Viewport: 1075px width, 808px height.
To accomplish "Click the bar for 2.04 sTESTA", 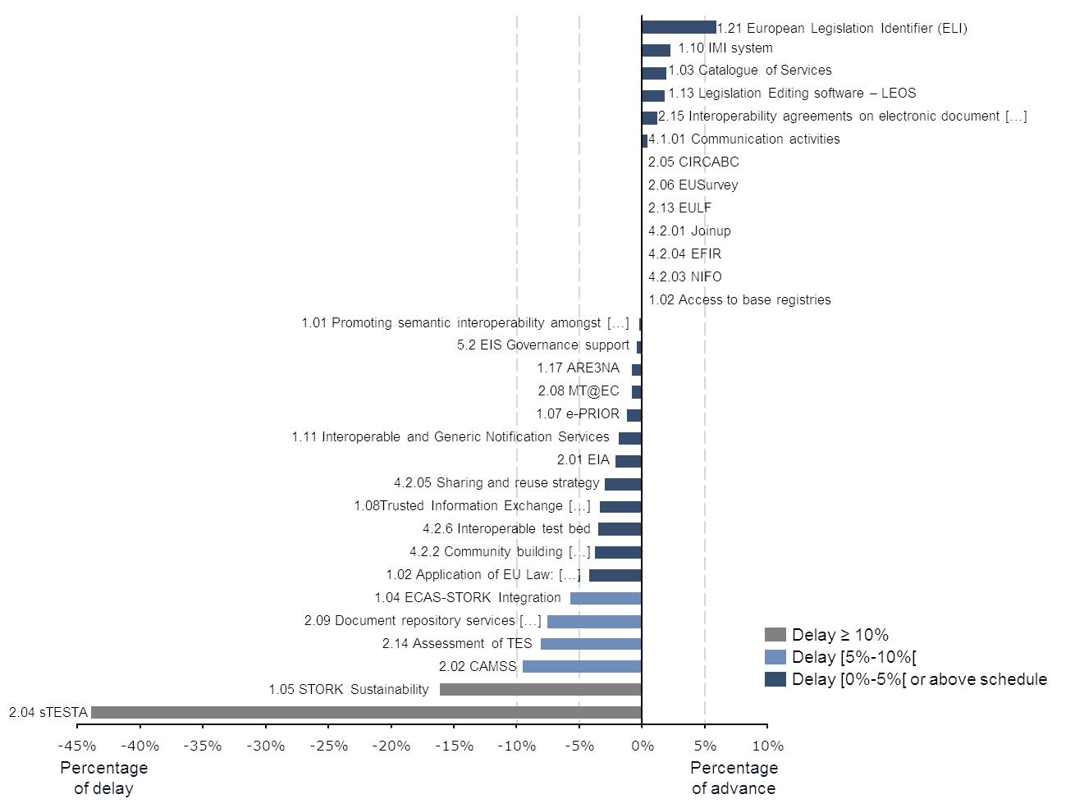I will pyautogui.click(x=366, y=712).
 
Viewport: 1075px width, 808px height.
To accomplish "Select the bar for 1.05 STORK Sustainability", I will pyautogui.click(x=540, y=689).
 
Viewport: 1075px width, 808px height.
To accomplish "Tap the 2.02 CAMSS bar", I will pyautogui.click(x=582, y=666).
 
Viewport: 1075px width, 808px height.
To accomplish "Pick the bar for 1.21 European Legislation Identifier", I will pyautogui.click(x=679, y=28).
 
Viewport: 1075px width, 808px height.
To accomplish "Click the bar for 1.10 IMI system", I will pyautogui.click(x=656, y=50).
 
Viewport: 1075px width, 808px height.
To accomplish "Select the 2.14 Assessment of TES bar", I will pyautogui.click(x=591, y=644).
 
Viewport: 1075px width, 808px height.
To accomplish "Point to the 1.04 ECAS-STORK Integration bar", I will pyautogui.click(x=606, y=598).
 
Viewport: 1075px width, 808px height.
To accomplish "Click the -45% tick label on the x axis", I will pyautogui.click(x=77, y=746).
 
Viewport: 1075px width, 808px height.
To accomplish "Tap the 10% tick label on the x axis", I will pyautogui.click(x=767, y=746).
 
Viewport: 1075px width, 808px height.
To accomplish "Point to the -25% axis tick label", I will pyautogui.click(x=328, y=746).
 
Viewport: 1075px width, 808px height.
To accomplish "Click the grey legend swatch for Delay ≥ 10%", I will pyautogui.click(x=775, y=634).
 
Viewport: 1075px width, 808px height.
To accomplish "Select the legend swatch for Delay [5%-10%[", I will pyautogui.click(x=775, y=656).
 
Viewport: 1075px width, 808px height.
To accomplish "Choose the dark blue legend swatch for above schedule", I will pyautogui.click(x=775, y=679).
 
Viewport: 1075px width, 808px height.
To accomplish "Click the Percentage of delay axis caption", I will pyautogui.click(x=104, y=778).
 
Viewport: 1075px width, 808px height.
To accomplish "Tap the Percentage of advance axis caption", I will pyautogui.click(x=734, y=778).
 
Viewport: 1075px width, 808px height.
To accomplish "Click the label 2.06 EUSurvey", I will pyautogui.click(x=693, y=185).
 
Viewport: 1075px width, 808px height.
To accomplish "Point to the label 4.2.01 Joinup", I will pyautogui.click(x=689, y=231).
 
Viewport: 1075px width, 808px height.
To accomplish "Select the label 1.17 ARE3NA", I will pyautogui.click(x=578, y=368).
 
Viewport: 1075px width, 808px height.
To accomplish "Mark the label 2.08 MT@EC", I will pyautogui.click(x=579, y=391).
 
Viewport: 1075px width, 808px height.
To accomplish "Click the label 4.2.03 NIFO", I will pyautogui.click(x=684, y=277).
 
